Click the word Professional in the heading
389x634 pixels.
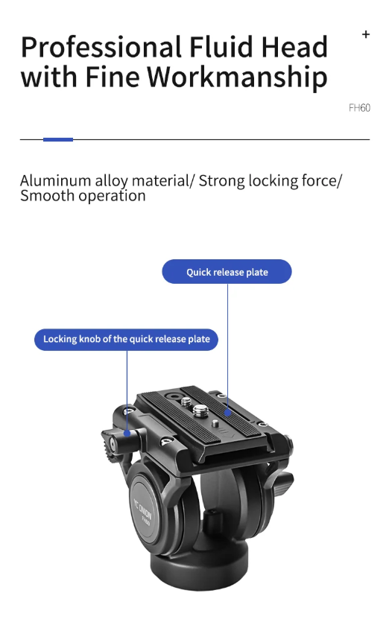point(101,48)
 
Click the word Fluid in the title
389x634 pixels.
point(222,47)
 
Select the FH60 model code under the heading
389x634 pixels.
point(359,108)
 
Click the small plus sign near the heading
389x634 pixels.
point(366,35)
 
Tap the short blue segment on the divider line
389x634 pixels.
point(58,139)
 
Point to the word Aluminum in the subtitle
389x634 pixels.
point(55,181)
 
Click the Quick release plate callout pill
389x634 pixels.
point(227,272)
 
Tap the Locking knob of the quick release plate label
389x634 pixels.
point(127,339)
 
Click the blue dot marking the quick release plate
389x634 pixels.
point(227,413)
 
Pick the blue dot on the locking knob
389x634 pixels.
point(127,433)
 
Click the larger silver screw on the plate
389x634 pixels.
point(201,411)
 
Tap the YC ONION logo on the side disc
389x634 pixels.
point(143,511)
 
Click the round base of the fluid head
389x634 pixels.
point(199,570)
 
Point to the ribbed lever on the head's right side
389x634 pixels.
point(283,482)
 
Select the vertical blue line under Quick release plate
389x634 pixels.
point(227,346)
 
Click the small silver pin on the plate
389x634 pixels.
point(215,424)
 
